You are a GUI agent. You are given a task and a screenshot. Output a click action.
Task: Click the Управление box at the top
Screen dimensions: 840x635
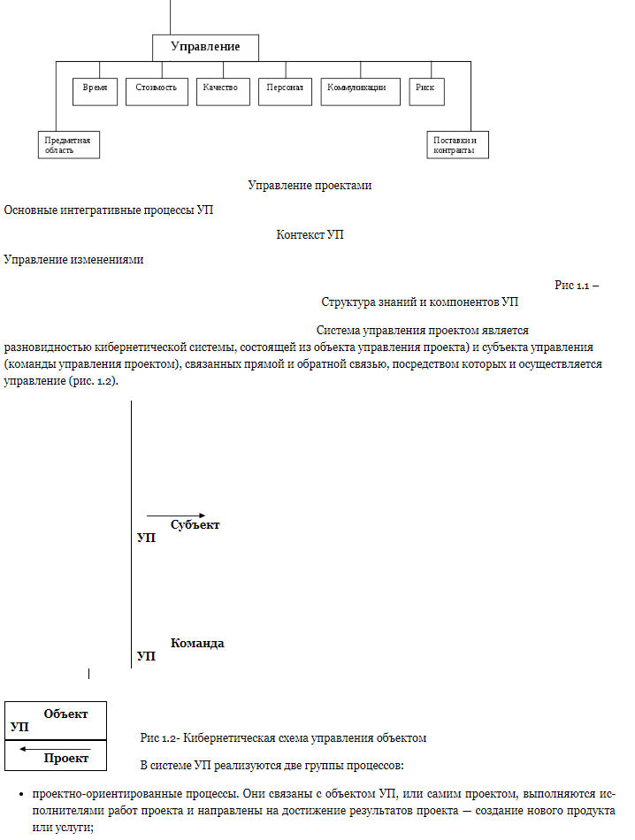pos(204,47)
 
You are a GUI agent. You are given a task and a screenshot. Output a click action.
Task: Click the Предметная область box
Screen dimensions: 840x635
pos(69,145)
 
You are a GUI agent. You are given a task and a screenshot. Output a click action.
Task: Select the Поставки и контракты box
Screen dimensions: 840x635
pos(456,145)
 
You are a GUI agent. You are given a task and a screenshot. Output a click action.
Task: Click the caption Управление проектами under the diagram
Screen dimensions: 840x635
pos(310,186)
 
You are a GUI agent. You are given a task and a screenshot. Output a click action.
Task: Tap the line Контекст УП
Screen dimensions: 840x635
pos(310,235)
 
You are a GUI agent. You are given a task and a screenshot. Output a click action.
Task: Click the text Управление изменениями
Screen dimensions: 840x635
pos(73,260)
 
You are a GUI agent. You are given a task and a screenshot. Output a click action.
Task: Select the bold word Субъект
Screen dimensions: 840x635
pos(195,525)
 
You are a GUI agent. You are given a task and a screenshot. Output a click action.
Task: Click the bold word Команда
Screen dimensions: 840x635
pos(196,644)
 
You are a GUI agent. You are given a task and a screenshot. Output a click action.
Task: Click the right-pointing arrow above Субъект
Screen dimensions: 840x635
pos(176,515)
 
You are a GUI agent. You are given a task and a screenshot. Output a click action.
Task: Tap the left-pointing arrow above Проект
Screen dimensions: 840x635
pos(42,749)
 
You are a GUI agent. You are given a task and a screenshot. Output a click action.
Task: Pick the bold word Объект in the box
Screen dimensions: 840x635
pos(65,714)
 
